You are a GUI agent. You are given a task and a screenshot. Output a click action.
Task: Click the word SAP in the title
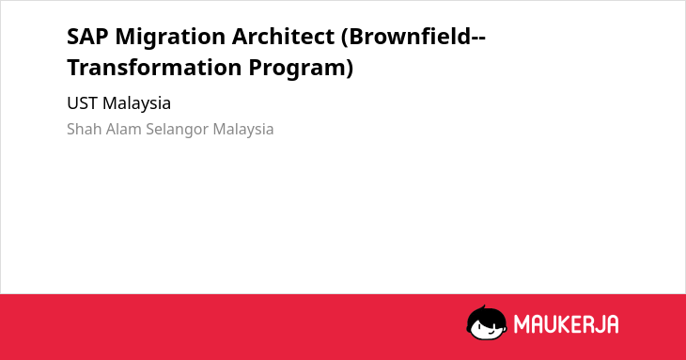(87, 37)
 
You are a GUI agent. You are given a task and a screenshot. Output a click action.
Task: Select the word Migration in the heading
(170, 38)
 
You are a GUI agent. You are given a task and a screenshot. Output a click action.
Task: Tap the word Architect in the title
(283, 37)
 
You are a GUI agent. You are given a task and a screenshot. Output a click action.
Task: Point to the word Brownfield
(409, 37)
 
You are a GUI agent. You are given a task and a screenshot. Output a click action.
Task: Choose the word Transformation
(154, 68)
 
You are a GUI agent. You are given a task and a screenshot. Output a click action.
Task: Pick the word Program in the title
(297, 70)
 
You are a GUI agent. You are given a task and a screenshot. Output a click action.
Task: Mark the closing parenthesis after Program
(350, 69)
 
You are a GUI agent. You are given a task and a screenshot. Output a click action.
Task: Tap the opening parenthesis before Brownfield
(344, 38)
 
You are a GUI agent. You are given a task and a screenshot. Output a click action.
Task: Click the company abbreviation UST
(82, 103)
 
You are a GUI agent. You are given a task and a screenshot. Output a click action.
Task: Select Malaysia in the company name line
(136, 104)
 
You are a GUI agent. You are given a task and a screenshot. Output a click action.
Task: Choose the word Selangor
(177, 130)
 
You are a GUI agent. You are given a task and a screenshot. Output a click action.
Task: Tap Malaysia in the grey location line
(243, 130)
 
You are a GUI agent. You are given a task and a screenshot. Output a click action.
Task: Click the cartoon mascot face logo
(487, 322)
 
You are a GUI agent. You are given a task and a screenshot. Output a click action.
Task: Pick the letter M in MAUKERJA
(522, 324)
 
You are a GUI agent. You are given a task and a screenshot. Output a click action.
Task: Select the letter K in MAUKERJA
(565, 324)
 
